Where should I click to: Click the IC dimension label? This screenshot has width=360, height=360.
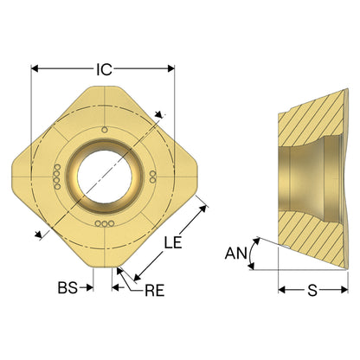104,69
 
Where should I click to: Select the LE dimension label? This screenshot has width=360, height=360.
173,242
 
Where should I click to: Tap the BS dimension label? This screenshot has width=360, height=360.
67,287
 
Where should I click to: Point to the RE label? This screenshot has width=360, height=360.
155,290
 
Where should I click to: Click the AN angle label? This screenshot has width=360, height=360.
236,254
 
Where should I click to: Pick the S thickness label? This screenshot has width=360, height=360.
312,290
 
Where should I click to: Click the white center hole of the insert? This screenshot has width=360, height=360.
105,177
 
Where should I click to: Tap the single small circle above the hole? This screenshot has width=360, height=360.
105,130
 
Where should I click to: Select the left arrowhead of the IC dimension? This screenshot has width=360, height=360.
35,68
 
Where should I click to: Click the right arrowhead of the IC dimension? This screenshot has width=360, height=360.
171,68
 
